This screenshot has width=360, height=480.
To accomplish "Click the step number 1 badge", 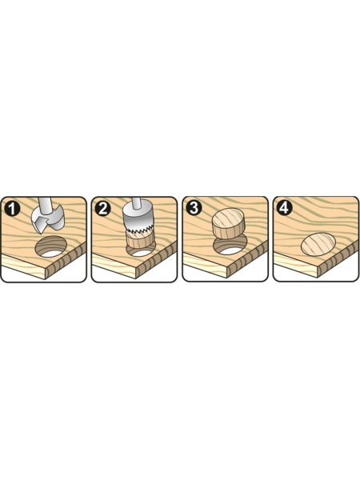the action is (12, 210).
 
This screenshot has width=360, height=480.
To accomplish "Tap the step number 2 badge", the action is (102, 209).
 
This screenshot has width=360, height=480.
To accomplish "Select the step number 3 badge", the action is (194, 208).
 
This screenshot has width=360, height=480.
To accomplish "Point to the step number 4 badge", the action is (284, 207).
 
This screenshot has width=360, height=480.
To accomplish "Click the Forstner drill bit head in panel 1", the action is (48, 220).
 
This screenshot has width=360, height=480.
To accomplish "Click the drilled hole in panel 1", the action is (51, 246).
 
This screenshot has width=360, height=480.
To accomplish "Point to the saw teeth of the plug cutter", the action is (138, 234).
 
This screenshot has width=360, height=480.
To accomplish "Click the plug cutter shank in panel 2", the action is (138, 202).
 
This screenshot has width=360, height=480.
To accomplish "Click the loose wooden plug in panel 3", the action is (229, 223).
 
